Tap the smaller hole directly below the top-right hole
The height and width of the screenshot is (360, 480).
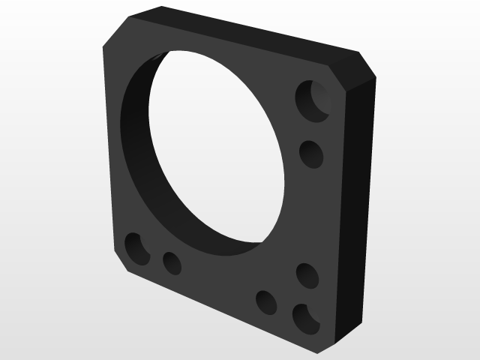point(310,154)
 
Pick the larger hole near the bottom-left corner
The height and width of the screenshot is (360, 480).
point(136,248)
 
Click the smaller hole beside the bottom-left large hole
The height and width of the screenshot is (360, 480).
point(172,262)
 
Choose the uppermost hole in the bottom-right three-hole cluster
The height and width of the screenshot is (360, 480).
point(307,275)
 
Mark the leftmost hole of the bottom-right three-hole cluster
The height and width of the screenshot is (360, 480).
point(266,301)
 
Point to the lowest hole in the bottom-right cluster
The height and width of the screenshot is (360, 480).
point(304,318)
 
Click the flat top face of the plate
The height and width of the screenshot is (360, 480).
point(247,34)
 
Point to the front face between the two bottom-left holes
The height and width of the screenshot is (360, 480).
point(154,256)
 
